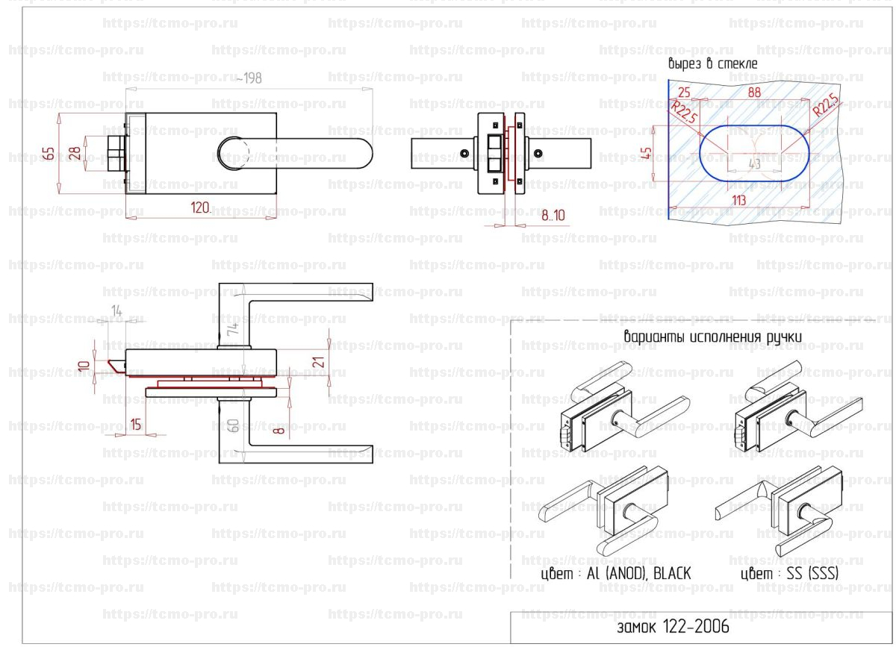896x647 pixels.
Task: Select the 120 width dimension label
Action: coord(199,208)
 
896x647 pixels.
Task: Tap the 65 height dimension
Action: coord(49,154)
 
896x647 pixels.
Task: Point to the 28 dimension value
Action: coord(75,154)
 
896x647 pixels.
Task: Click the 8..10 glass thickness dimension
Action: coord(553,216)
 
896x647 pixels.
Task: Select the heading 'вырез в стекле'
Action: coord(712,64)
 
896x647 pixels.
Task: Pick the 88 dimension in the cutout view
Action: coord(753,93)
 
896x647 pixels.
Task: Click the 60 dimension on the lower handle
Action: coord(233,426)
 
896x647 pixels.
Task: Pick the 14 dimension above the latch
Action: coord(116,310)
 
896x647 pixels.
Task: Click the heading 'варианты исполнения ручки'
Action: coord(713,337)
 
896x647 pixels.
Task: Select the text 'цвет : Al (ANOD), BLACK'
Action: coord(616,573)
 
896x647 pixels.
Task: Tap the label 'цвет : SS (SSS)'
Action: coord(790,573)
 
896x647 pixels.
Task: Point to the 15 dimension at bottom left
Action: coord(135,425)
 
